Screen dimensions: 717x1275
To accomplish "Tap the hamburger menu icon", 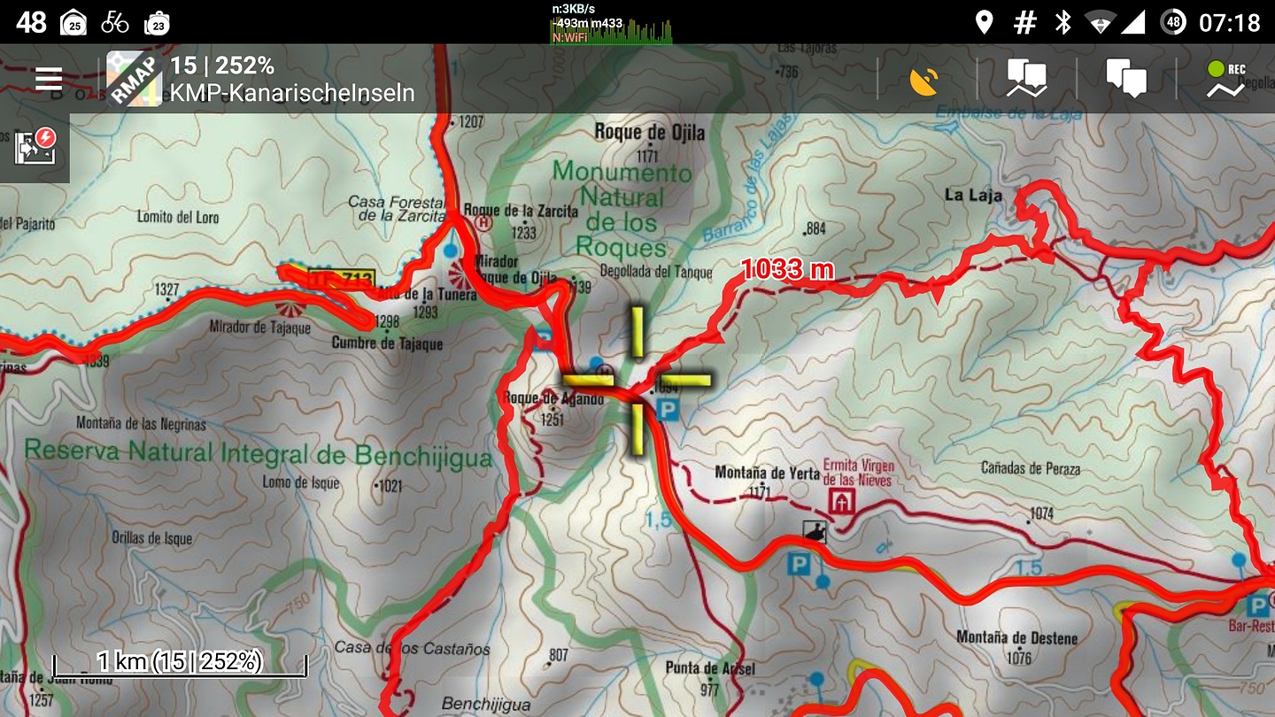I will pos(49,80).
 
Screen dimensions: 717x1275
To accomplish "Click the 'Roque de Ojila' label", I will pos(650,133).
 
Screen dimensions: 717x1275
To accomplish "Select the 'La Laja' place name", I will pos(972,195).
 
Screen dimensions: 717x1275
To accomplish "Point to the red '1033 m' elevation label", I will pos(787,269).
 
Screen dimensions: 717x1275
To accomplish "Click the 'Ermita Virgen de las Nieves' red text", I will pos(858,473).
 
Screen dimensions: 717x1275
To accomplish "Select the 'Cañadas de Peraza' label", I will pos(1030,468).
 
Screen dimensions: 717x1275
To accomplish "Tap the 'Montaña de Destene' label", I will pos(1016,637).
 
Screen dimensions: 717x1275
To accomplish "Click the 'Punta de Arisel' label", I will pos(711,667).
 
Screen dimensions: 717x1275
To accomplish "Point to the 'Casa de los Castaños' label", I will pos(412,648).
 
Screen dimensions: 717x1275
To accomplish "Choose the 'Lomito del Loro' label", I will pos(178,216).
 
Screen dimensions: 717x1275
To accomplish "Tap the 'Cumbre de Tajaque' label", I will pos(386,343).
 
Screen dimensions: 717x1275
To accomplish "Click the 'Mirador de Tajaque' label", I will pos(259,328).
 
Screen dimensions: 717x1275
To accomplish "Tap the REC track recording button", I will pos(1225,80).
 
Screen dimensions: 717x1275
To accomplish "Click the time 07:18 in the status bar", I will pos(1229,22).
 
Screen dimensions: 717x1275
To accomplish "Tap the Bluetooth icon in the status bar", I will pos(1062,22).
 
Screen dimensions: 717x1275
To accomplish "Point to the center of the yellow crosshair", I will pos(637,382).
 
